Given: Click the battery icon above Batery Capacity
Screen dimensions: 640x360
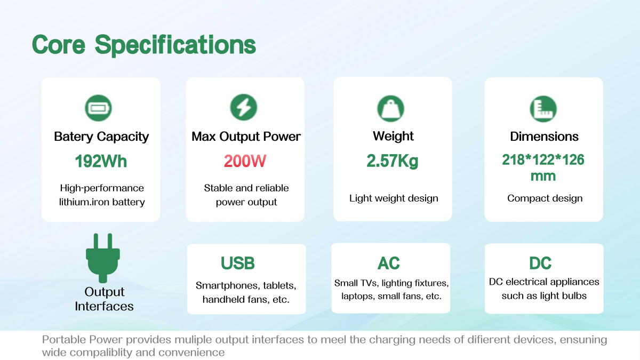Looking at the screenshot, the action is [x=98, y=108].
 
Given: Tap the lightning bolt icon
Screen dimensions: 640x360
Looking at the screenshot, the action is [x=244, y=107].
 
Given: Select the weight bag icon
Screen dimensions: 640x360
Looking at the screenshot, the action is [x=390, y=109].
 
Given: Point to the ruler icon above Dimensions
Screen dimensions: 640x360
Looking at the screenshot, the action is [x=543, y=109].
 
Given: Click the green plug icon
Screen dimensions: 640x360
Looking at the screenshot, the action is [x=103, y=258].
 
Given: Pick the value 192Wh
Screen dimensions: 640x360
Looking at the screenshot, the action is [x=101, y=162].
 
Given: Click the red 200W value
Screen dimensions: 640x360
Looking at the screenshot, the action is [x=245, y=161].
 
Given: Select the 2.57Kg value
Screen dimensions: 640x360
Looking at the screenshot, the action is [x=393, y=161].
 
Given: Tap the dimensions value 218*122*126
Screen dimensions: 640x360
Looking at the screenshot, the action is [x=543, y=159].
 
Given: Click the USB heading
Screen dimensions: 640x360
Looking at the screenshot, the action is [x=237, y=263].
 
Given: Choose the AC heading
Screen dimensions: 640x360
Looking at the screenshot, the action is [x=389, y=263].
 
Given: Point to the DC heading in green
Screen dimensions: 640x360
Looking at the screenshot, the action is [x=540, y=263].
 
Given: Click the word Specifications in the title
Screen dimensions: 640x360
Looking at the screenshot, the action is [x=175, y=45].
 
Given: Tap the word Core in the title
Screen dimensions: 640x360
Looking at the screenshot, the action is [x=59, y=45].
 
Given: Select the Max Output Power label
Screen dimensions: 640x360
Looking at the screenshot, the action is [x=246, y=137].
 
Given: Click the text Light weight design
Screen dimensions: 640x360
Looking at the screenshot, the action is [x=394, y=198].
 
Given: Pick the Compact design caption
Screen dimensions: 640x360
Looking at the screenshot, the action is [x=545, y=198].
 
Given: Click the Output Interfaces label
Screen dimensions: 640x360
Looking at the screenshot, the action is [x=104, y=299].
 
